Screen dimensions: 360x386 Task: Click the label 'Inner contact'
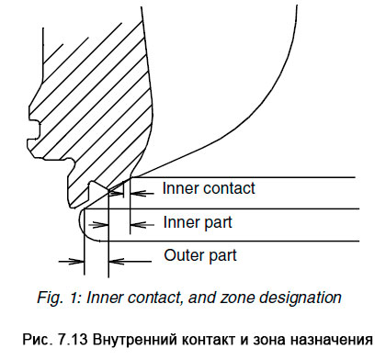coord(208,190)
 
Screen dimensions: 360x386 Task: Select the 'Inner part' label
coord(197,222)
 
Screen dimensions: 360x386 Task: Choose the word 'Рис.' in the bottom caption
coord(43,336)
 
